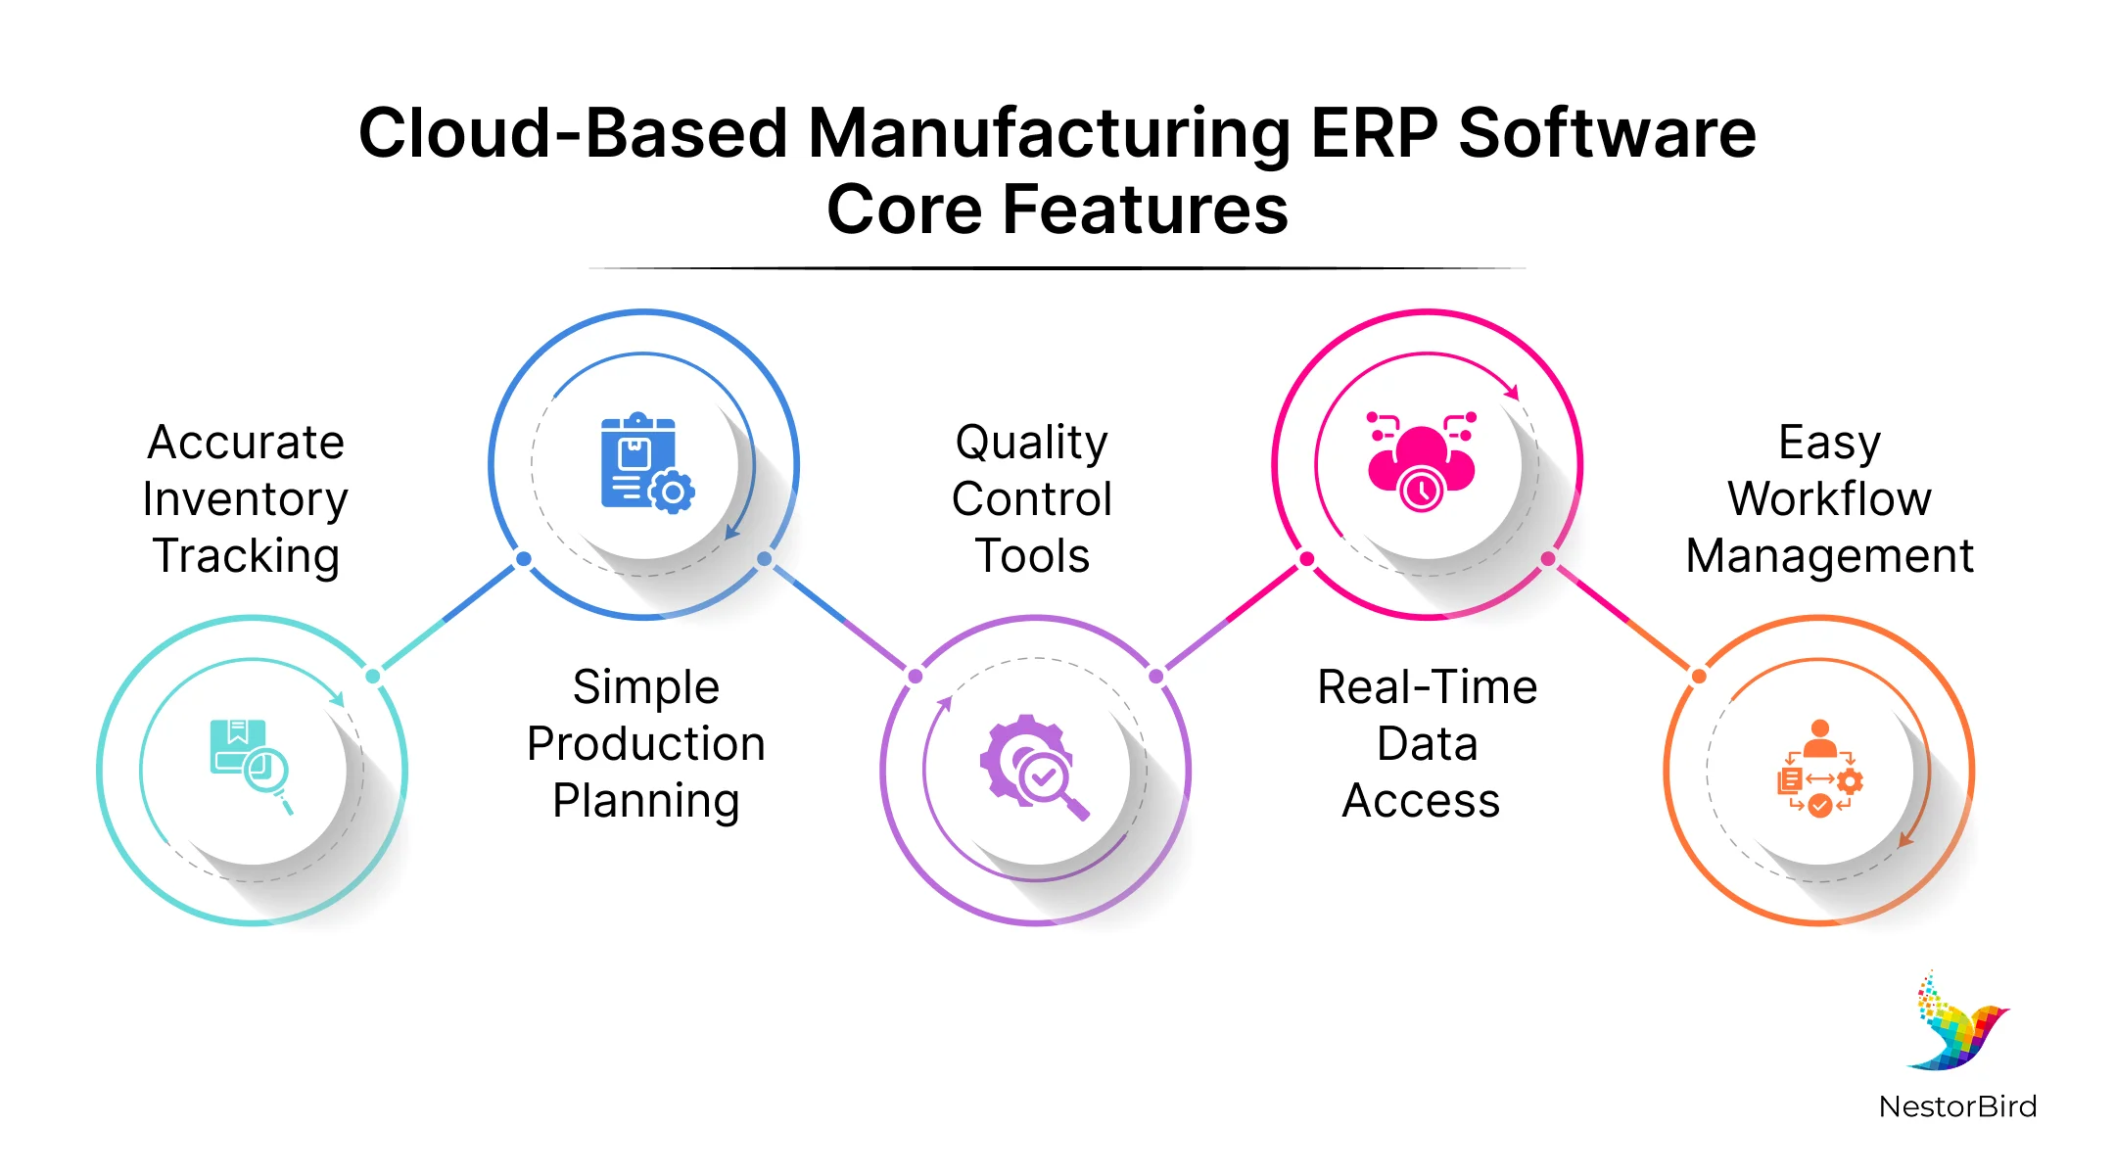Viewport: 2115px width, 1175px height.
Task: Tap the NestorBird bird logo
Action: (x=1957, y=1023)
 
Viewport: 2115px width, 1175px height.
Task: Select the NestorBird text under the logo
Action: (x=1957, y=1106)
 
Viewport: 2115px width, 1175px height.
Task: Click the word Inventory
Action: (x=245, y=499)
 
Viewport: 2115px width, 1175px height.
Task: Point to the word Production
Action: (x=646, y=744)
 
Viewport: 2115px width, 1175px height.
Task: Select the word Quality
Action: (x=1032, y=443)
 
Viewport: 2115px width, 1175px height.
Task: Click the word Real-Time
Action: (x=1427, y=687)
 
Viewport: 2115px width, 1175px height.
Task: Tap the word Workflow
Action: (x=1829, y=499)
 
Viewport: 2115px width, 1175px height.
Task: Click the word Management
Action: (x=1829, y=556)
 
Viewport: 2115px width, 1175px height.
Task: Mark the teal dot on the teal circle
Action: (x=373, y=676)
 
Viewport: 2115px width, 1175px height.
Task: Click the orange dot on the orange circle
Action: (x=1699, y=676)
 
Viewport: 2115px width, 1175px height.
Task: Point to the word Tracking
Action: (x=246, y=556)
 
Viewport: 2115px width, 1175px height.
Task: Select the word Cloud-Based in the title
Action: (x=573, y=133)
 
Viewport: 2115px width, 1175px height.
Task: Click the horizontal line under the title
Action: (x=1057, y=268)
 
